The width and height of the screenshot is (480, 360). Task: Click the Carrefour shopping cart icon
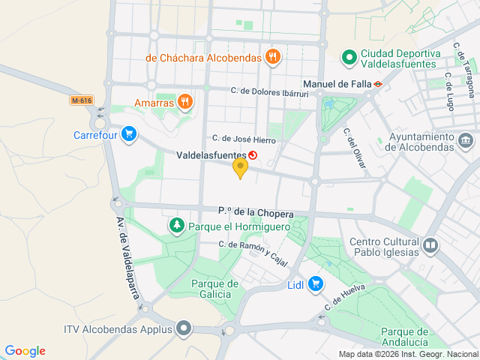(130, 134)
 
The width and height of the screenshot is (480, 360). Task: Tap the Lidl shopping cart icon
(316, 283)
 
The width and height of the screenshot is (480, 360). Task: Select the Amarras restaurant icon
(184, 102)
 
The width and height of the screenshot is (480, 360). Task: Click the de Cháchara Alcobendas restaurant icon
(272, 56)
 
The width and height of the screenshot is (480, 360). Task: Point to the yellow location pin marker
(240, 167)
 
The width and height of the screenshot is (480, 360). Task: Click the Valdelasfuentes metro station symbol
(253, 155)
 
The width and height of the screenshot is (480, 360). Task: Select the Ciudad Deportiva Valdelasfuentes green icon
(349, 57)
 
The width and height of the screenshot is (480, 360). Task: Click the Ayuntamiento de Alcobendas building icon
(465, 140)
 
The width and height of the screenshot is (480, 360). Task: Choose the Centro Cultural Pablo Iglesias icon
(430, 244)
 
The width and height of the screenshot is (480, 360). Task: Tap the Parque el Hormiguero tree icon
(176, 224)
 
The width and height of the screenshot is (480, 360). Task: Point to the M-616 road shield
(81, 100)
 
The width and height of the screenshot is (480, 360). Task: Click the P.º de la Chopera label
(256, 212)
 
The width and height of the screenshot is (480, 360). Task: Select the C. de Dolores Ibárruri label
(269, 92)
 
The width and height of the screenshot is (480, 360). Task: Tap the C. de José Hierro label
(244, 139)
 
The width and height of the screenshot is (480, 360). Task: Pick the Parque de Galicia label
(214, 289)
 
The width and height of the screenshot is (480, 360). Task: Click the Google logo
(25, 351)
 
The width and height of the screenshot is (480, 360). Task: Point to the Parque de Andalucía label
(404, 337)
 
